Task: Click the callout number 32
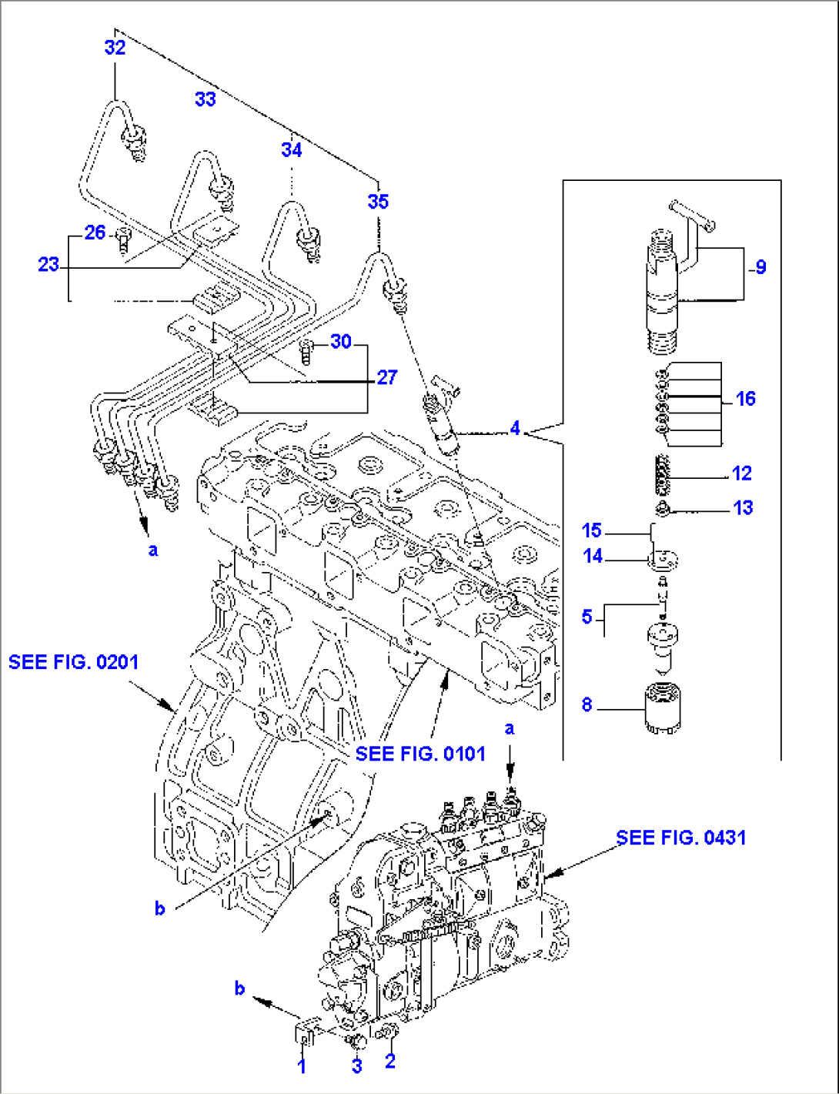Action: (x=115, y=48)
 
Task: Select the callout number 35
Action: (x=378, y=202)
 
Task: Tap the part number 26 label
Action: (x=95, y=233)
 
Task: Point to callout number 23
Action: (x=48, y=265)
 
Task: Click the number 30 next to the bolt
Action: (x=341, y=342)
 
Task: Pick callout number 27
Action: (x=386, y=377)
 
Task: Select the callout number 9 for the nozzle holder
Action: (x=760, y=267)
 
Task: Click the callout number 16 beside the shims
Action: (x=745, y=399)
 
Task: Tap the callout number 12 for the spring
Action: (x=741, y=473)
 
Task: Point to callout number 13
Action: (x=743, y=508)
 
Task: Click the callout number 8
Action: (x=587, y=705)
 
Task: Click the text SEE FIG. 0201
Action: (x=74, y=662)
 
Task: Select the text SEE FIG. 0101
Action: (x=420, y=754)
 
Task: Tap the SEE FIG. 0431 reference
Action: (x=681, y=838)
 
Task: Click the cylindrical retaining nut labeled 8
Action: (x=661, y=709)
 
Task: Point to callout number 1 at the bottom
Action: (x=302, y=1066)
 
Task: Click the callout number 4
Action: (x=515, y=428)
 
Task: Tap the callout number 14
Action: (x=592, y=556)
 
